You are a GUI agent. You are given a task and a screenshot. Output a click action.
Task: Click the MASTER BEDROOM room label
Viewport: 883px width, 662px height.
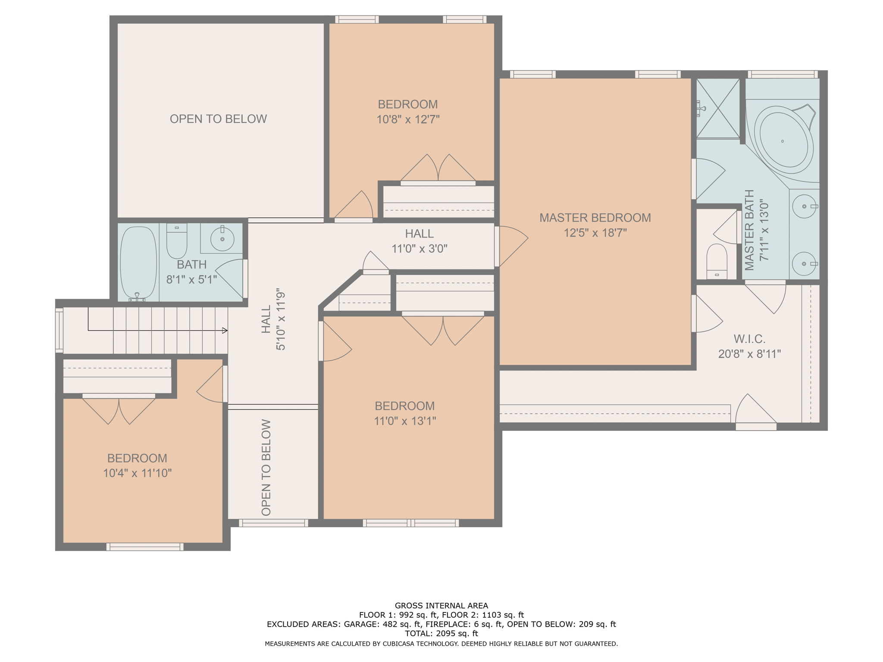pos(595,218)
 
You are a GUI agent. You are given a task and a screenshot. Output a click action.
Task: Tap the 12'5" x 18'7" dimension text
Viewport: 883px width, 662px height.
pos(595,233)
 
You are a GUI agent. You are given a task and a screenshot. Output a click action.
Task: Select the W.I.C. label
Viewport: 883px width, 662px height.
pos(749,339)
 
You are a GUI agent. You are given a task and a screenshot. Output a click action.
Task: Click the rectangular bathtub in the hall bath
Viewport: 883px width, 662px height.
pos(138,264)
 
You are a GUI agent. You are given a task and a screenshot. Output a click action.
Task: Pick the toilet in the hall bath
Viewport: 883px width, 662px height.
pos(177,240)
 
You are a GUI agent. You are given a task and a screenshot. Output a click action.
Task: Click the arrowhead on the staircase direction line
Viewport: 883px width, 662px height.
pos(225,331)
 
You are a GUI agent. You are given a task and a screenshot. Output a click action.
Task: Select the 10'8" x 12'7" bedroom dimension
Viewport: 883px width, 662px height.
pos(408,119)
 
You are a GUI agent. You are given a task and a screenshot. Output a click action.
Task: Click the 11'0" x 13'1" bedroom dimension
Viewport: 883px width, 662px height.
pos(405,421)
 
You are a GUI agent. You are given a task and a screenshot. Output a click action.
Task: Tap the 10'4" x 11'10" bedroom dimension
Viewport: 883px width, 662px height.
pos(137,473)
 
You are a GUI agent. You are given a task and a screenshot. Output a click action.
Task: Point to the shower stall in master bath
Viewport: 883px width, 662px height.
pos(718,108)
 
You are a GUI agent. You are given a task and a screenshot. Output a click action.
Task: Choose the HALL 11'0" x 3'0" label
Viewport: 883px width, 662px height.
pos(419,241)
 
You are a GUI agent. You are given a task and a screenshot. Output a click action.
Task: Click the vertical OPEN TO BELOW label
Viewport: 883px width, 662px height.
pos(266,468)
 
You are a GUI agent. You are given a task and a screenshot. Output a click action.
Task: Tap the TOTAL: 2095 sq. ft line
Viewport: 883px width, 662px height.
pos(441,634)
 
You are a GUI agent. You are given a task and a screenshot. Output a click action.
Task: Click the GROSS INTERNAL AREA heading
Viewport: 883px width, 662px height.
pos(441,606)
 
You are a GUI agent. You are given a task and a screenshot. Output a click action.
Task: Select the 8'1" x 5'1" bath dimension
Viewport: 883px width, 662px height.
pos(191,280)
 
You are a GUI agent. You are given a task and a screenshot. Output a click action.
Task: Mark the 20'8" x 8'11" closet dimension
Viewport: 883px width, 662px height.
pos(749,354)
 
